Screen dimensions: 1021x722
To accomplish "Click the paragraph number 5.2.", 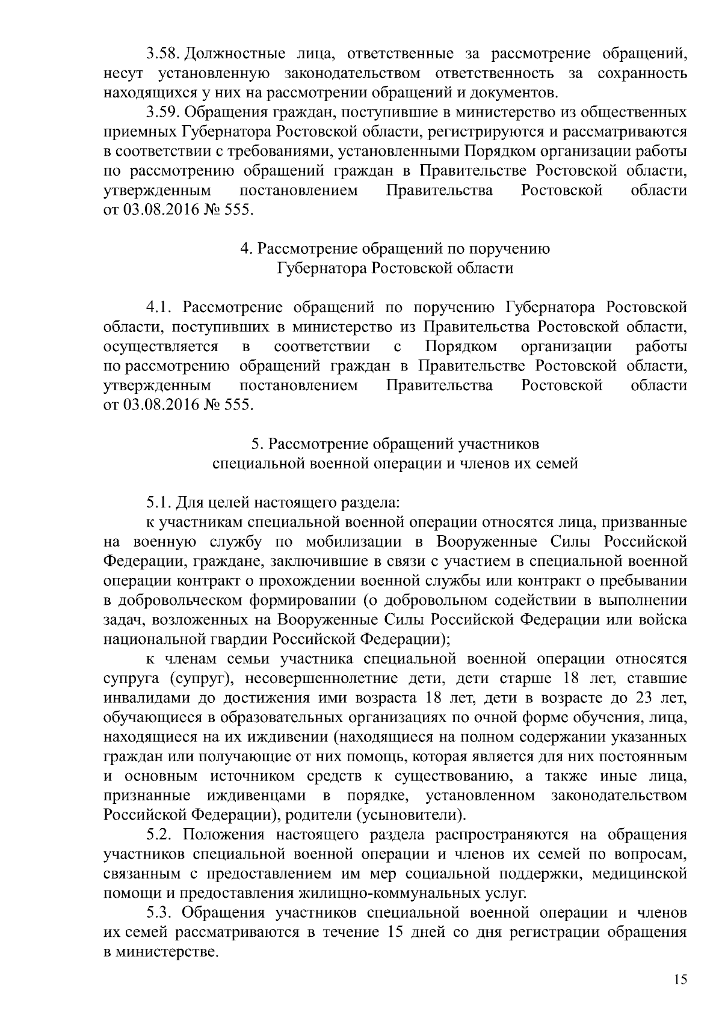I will point(160,835).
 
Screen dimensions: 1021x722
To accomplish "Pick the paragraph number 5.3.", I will point(160,913).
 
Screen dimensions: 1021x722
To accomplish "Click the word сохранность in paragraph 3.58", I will point(642,74).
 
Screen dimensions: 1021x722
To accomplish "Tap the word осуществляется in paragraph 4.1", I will point(161,347).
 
